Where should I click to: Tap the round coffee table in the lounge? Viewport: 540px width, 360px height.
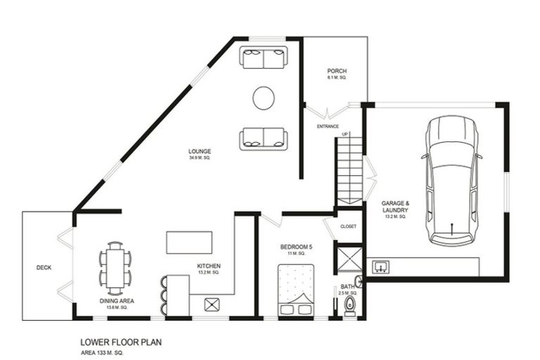click(264, 98)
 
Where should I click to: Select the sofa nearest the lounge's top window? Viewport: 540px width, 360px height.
click(264, 57)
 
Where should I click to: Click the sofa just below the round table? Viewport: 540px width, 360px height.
click(264, 139)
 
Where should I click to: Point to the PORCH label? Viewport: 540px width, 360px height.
click(337, 72)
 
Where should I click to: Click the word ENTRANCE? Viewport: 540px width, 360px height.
click(328, 127)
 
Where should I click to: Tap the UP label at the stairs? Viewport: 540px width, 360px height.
click(345, 134)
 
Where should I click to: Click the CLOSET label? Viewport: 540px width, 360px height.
click(348, 227)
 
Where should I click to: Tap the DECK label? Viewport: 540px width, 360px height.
click(44, 267)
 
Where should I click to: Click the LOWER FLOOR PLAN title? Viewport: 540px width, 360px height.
click(122, 344)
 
